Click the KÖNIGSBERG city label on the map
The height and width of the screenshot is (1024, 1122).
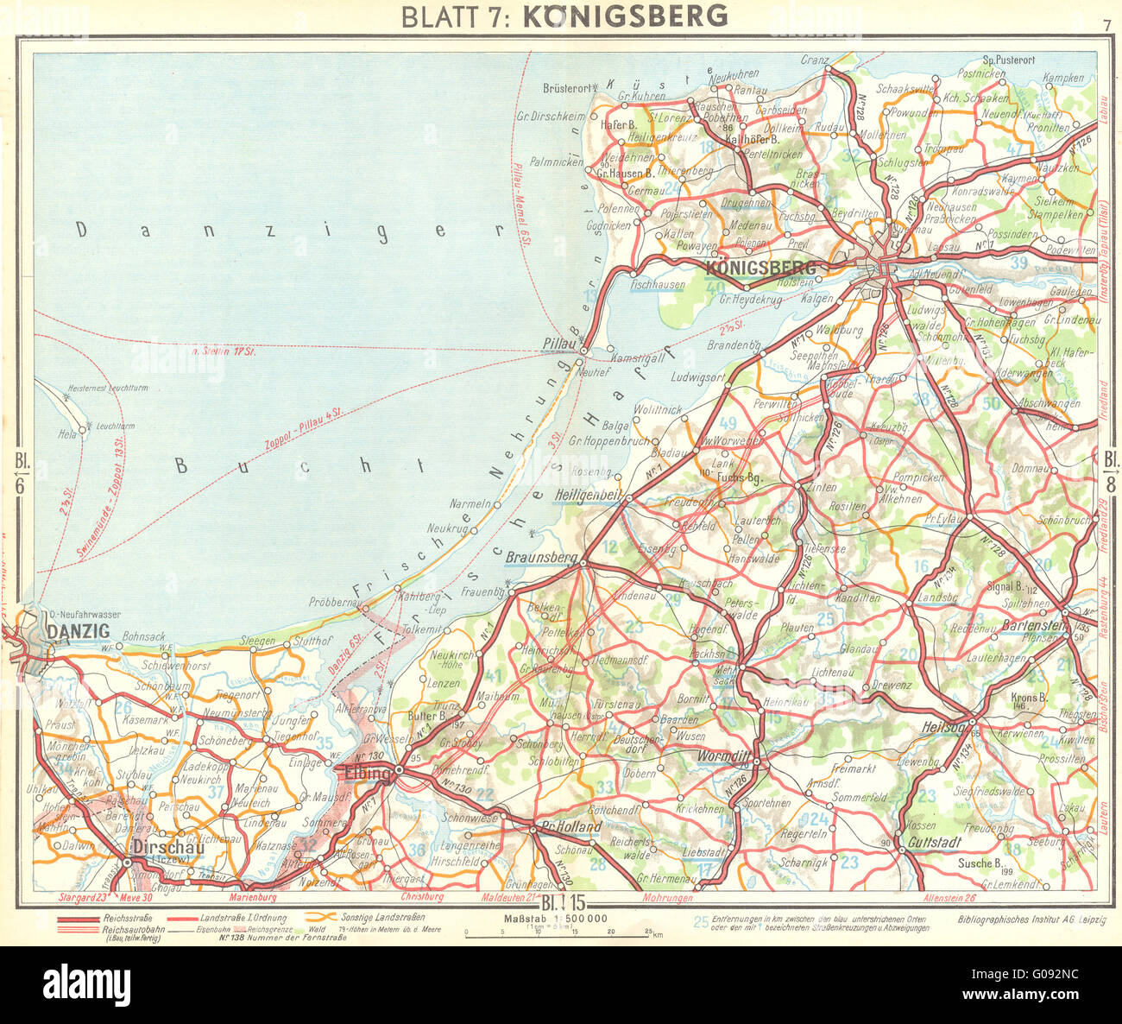(x=760, y=268)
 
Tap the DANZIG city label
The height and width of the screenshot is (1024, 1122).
(x=78, y=632)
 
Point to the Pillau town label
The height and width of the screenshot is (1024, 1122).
(x=558, y=344)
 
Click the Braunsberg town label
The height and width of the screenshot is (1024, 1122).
(x=541, y=558)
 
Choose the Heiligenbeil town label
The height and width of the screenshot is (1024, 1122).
(x=592, y=497)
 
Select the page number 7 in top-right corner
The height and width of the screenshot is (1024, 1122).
(x=1106, y=25)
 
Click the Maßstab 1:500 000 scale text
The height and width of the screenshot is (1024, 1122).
(x=554, y=919)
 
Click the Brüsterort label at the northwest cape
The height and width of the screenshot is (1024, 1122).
(x=565, y=88)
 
